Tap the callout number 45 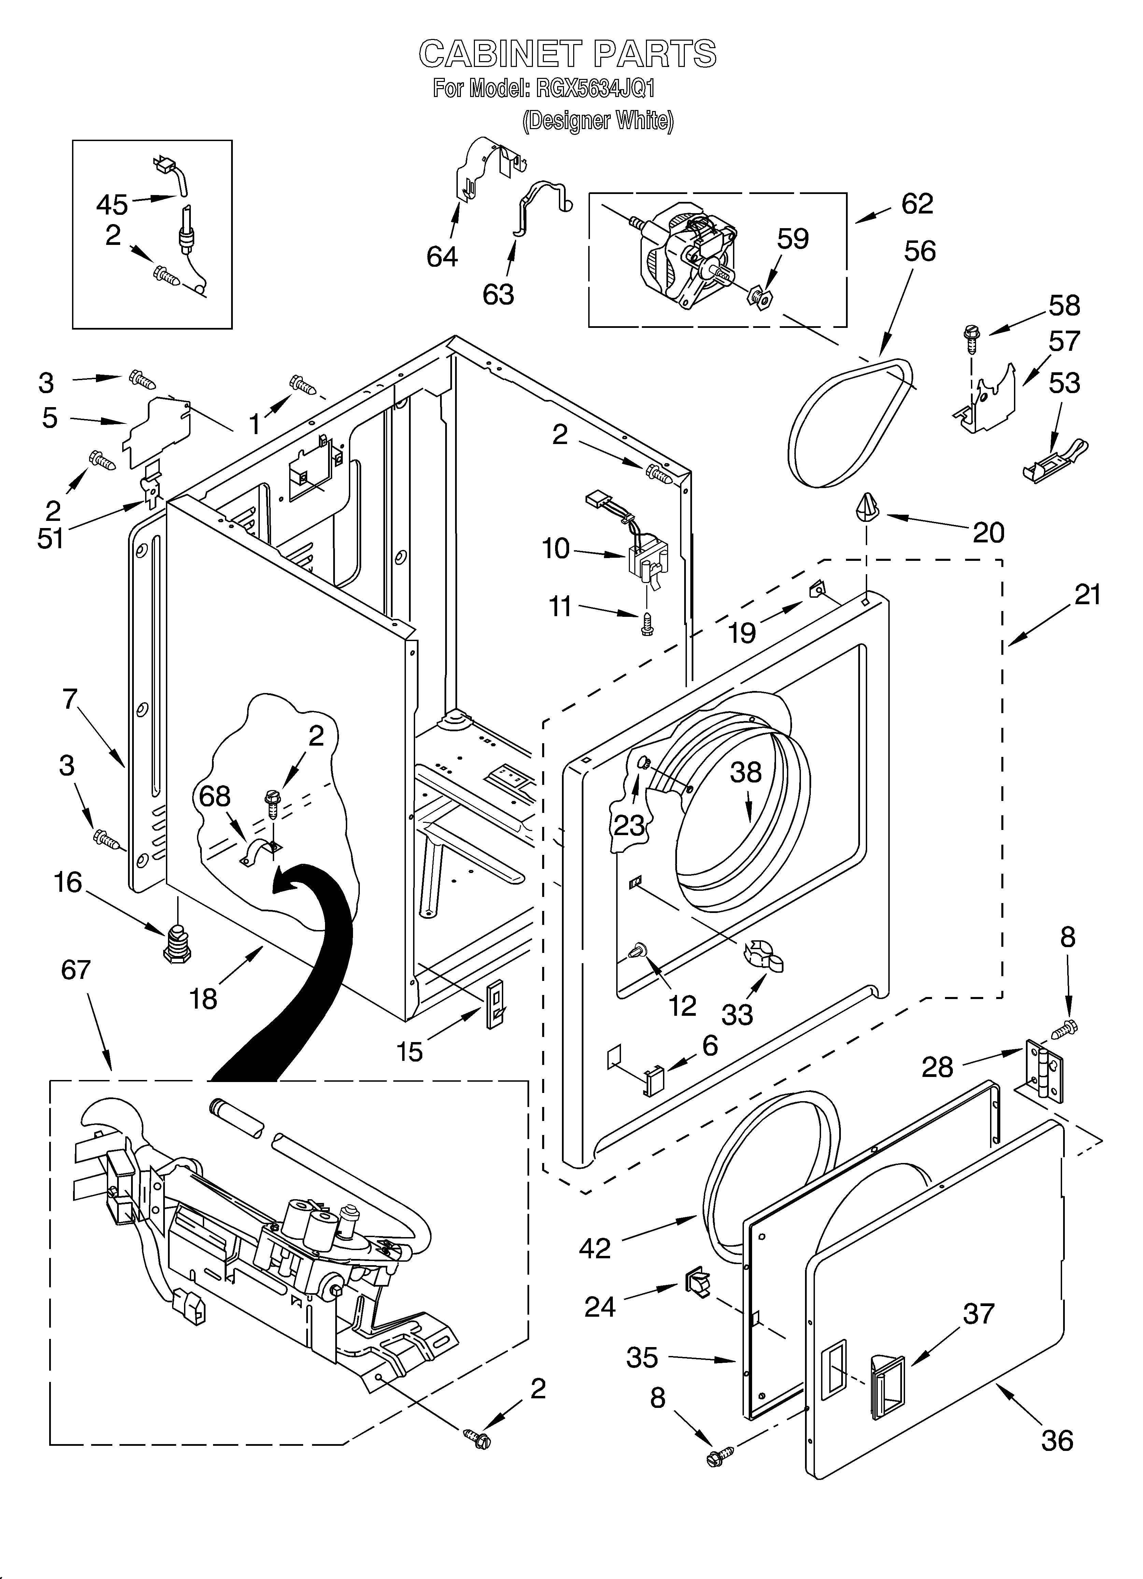coord(111,205)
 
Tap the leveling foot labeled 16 coord(179,943)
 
